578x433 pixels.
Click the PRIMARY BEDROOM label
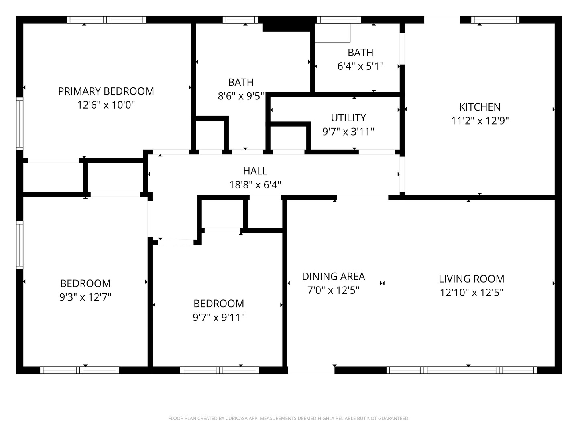coord(106,91)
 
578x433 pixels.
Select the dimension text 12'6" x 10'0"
coord(106,105)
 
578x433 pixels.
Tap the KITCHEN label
coord(480,107)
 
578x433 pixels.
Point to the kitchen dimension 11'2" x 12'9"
coord(480,121)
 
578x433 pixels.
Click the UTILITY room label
coord(348,118)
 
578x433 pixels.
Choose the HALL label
coord(255,171)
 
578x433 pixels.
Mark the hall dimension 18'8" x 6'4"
coord(255,185)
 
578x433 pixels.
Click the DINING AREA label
coord(333,277)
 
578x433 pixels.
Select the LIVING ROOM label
coord(471,279)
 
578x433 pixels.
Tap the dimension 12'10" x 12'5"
coord(471,293)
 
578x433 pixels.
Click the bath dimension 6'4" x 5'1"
coord(360,66)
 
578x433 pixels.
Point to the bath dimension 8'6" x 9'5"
coord(241,96)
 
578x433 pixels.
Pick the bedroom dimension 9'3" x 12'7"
coord(85,297)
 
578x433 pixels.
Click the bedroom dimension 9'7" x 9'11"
coord(219,318)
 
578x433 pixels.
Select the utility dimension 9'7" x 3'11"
coord(348,132)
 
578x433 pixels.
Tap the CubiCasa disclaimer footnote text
coord(289,419)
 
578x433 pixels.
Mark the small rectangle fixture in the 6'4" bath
coord(332,33)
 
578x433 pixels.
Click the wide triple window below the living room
coord(462,370)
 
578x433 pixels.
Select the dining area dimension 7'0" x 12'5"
coord(333,290)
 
